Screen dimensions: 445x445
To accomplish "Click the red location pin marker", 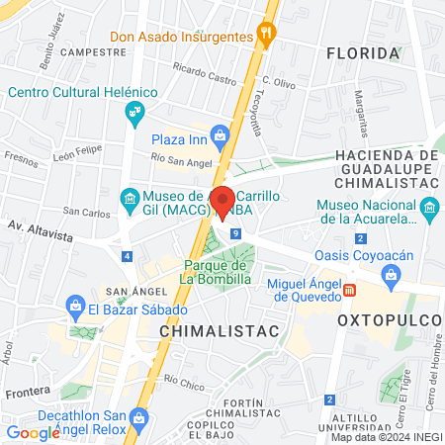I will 223,202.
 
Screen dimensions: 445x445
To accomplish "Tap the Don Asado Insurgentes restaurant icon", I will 265,34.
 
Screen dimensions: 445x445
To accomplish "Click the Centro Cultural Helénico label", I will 83,92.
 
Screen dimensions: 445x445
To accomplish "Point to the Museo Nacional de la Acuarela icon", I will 428,208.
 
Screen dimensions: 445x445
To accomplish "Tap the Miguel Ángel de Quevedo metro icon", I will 349,290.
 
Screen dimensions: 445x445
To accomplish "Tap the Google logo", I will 33,432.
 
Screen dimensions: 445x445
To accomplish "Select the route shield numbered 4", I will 127,256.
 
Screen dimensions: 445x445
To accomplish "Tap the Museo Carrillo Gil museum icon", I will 130,197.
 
